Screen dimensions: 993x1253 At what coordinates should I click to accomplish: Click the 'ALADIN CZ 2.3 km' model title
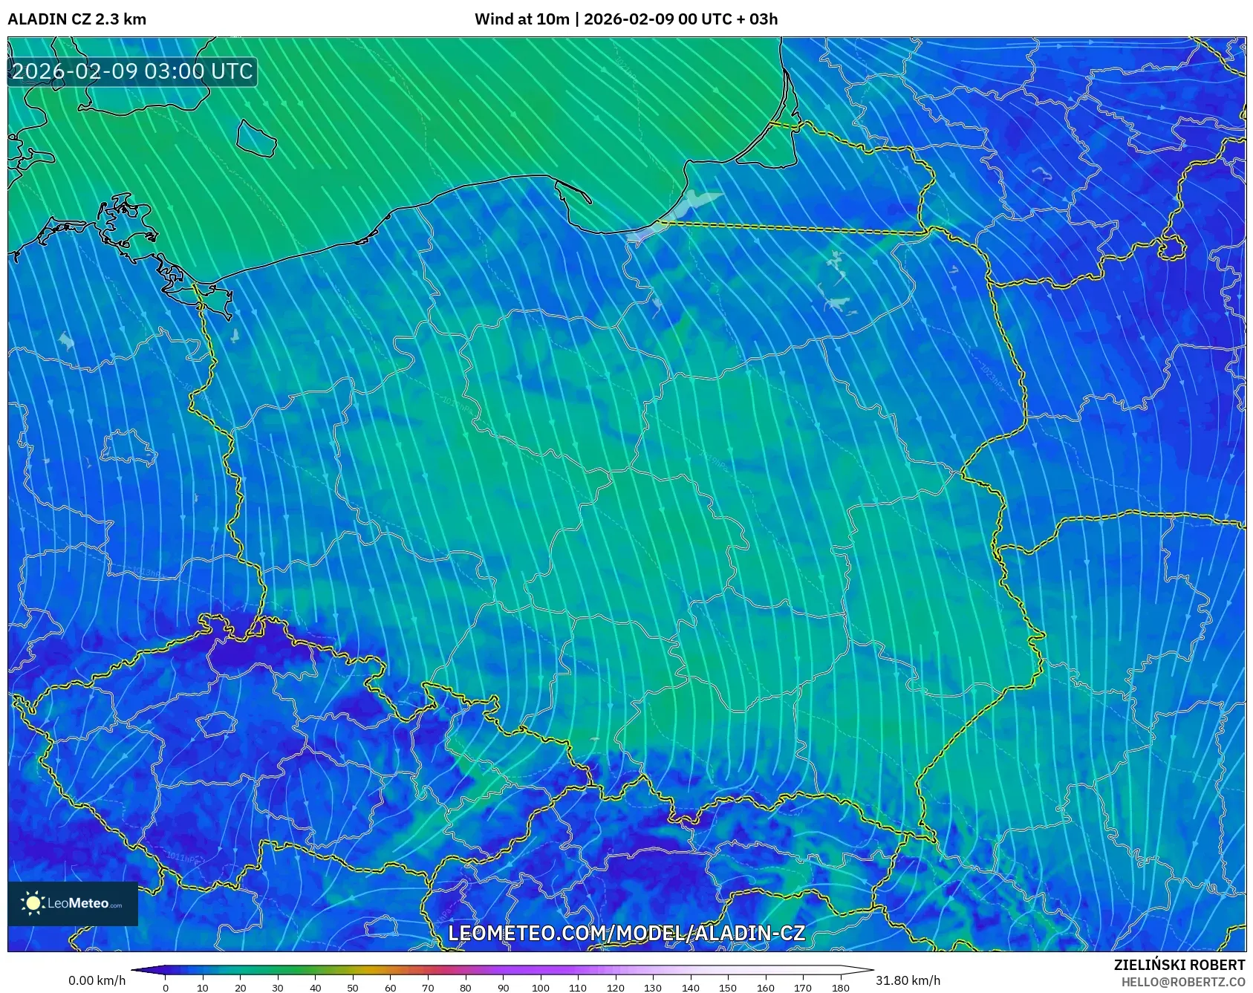pos(77,19)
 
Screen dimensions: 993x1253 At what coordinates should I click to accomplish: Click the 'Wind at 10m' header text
pos(521,19)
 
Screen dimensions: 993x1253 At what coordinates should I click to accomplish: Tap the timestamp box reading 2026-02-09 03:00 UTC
pos(132,71)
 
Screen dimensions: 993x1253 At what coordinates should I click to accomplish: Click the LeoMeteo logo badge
pos(73,903)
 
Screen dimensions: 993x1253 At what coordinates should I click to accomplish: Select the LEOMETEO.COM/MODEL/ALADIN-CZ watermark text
pos(626,933)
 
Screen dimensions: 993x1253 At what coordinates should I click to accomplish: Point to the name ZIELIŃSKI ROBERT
pos(1179,965)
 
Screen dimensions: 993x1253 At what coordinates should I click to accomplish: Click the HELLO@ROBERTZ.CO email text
pos(1182,982)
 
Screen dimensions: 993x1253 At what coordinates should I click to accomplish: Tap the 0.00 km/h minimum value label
pos(97,980)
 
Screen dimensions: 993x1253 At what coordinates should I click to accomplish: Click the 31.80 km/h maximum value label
pos(908,980)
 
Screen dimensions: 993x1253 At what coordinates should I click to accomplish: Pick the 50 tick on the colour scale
pos(353,987)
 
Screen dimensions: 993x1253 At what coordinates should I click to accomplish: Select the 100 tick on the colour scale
pos(540,987)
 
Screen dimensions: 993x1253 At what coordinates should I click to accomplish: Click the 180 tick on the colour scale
pos(840,987)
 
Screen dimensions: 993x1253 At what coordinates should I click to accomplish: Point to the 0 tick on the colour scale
pos(166,987)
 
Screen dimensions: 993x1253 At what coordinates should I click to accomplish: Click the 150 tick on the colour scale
pos(728,987)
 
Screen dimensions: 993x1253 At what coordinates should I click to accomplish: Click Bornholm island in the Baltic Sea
pos(256,138)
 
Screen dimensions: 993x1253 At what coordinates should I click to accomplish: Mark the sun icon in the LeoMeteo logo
pos(33,903)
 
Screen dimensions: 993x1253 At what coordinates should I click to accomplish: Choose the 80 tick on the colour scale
pos(465,987)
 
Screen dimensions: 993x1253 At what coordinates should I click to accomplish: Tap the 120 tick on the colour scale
pos(615,987)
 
